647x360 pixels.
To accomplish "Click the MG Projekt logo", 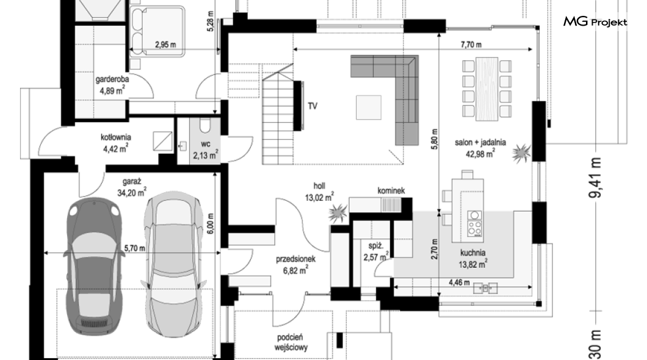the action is tap(595, 22).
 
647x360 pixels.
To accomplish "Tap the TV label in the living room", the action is tap(313, 106).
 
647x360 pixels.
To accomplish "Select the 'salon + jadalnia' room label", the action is tap(480, 142).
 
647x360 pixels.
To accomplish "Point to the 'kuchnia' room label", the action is tap(473, 253).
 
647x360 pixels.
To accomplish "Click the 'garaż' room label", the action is tap(132, 181).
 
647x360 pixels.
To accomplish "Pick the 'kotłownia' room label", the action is tap(115, 137).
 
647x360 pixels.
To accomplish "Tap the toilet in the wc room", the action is tap(204, 125).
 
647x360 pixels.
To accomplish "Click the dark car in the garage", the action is tap(95, 265).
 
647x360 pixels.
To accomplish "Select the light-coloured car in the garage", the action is tap(174, 264).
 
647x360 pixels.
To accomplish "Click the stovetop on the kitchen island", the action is tap(474, 224).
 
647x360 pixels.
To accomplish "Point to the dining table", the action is tap(487, 89).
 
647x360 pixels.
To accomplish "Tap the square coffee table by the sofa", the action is tap(369, 107).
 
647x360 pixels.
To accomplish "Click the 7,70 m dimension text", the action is tap(471, 45).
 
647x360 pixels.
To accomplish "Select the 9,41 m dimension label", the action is tap(595, 178).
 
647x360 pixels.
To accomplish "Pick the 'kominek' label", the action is tap(391, 190).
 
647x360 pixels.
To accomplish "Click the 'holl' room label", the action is tap(319, 186).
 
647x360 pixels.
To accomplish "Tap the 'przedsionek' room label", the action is tap(295, 259).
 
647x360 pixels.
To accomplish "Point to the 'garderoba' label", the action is tap(112, 79).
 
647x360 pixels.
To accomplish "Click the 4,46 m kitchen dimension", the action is tap(459, 283).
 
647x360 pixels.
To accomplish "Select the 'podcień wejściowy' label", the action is tap(291, 342).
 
